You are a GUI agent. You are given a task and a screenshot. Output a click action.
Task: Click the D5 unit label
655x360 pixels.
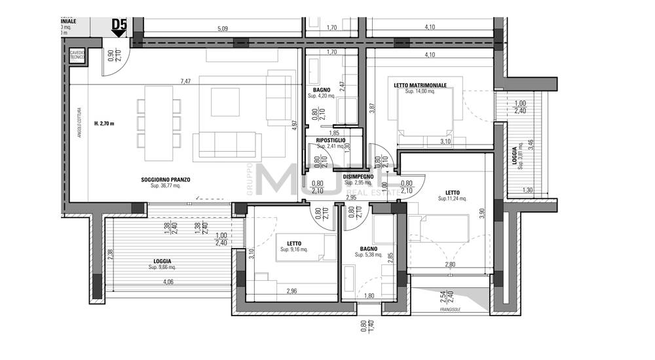119,26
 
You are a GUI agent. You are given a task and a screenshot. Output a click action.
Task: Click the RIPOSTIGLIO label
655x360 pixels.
331,140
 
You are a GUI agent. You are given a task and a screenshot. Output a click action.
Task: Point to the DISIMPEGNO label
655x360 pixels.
358,177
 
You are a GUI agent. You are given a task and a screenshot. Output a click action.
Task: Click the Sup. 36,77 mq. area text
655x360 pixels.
160,186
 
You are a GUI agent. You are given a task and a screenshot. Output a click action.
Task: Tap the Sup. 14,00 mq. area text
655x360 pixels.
420,92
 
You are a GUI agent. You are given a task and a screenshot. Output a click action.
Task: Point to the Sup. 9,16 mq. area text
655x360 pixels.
294,249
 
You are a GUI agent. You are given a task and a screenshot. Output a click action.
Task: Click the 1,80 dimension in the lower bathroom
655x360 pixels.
369,296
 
